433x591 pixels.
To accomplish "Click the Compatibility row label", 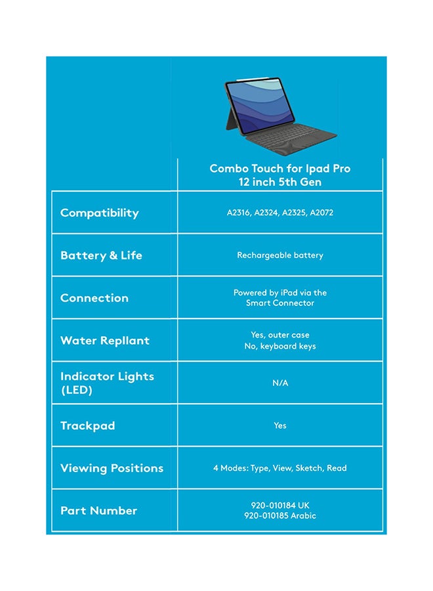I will pos(100,213).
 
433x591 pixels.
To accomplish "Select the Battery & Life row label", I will pos(101,255).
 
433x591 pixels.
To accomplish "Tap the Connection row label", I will pos(94,298).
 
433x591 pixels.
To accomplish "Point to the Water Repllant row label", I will pos(105,341).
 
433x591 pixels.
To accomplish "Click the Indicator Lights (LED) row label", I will pos(107,383).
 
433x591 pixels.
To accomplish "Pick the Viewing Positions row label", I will pos(112,468).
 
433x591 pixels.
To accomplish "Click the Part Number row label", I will pos(98,511).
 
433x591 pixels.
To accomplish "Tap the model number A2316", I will pos(238,213).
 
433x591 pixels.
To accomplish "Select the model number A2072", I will pos(321,213).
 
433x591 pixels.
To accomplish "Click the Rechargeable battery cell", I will pos(280,255).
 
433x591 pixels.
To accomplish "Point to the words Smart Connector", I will pos(280,303).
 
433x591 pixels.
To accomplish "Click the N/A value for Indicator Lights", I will pos(280,383).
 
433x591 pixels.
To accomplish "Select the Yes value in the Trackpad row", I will pos(280,426).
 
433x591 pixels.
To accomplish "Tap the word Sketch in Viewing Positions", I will pos(308,468).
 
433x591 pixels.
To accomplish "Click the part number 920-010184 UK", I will pos(280,506).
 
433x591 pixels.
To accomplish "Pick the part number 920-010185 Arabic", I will pos(280,516).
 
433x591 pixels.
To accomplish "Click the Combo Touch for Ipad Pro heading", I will pos(280,169).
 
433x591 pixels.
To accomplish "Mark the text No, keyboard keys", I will pos(280,346).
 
